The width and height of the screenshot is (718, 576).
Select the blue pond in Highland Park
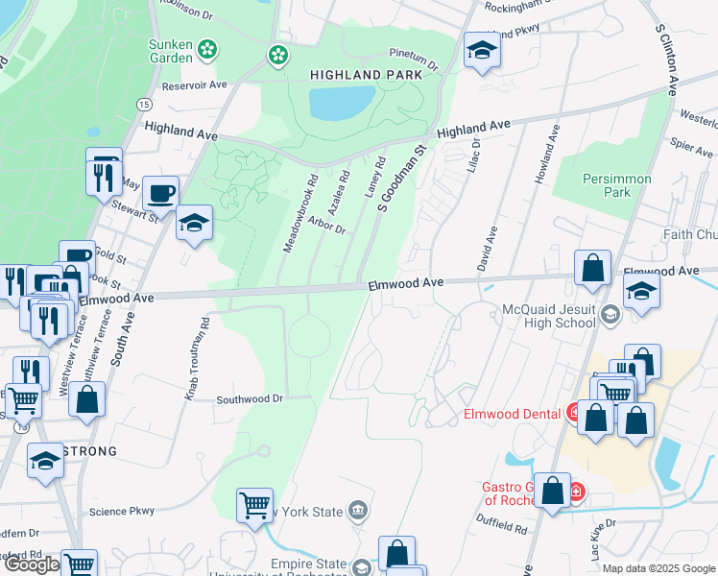tap(341, 102)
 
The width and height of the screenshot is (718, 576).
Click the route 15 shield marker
tap(144, 104)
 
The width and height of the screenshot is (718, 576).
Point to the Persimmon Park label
tap(616, 185)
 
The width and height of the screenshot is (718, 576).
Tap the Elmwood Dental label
tap(512, 414)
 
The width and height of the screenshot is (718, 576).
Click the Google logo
tap(32, 564)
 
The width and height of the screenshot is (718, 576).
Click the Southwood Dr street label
tap(250, 397)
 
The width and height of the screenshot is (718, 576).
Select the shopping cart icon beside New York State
tap(255, 504)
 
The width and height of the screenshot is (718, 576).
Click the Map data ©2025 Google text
tap(658, 568)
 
